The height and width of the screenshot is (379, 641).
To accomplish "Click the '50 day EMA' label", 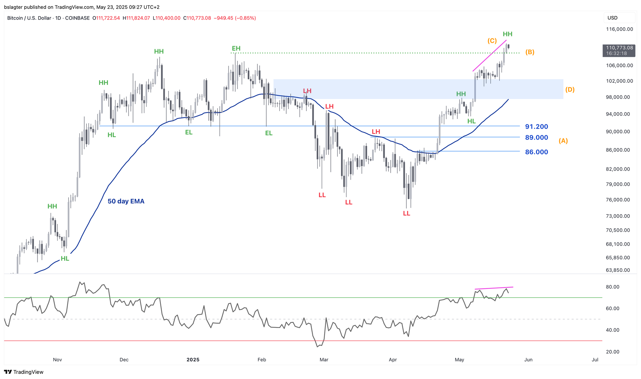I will click(126, 201).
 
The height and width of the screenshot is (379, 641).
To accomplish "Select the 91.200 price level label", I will click(537, 127).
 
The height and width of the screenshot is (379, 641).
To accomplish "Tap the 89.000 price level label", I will click(537, 138).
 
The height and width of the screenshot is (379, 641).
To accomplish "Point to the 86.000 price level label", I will click(537, 152).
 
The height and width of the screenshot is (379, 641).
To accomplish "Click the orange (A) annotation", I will click(563, 141).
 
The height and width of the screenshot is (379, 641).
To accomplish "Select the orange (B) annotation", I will click(530, 52).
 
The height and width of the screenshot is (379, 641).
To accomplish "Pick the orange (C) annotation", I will click(492, 41).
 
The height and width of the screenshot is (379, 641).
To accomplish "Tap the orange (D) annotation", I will click(570, 90).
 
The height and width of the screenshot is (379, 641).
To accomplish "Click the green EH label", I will click(236, 48).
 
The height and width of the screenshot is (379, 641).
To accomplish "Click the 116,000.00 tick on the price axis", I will click(619, 29).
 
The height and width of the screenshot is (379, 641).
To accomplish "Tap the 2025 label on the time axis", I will click(193, 360).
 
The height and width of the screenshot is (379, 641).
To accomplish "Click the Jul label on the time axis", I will click(595, 360).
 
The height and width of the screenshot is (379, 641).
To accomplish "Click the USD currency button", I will click(612, 18).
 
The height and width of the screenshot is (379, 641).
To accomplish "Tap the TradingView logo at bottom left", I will click(24, 372).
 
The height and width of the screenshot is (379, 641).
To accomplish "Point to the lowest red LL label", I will click(406, 213).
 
